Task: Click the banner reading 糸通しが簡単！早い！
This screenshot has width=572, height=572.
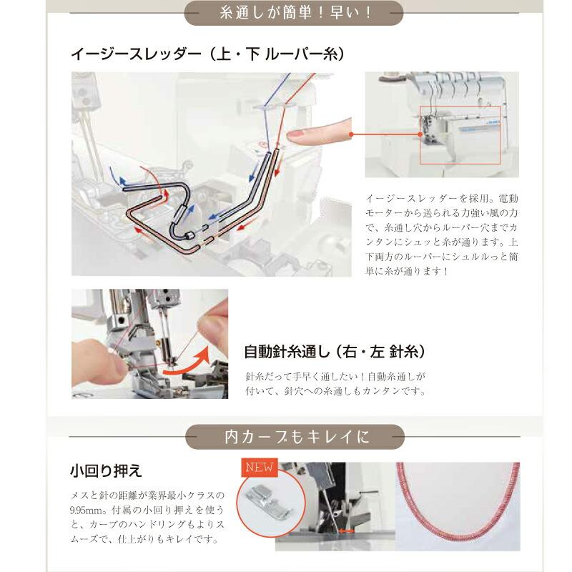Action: click(x=293, y=13)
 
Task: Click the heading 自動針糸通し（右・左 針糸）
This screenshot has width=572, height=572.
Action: click(x=335, y=352)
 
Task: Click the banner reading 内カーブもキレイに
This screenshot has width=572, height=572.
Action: click(x=295, y=436)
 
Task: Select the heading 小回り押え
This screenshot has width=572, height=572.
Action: click(x=106, y=470)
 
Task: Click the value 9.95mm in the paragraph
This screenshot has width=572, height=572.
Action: click(x=87, y=509)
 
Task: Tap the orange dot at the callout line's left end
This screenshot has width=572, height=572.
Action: click(x=352, y=134)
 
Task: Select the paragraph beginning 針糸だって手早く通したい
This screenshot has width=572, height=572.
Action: click(x=335, y=383)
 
